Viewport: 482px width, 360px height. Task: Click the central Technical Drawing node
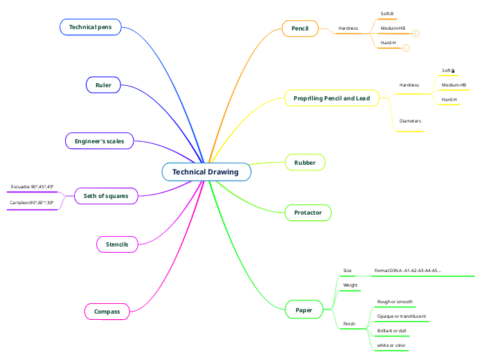click(206, 172)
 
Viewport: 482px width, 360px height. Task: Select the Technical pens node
click(91, 27)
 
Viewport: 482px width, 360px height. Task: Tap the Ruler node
click(103, 85)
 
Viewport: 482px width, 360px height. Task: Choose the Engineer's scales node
click(99, 141)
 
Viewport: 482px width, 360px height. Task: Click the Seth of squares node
click(106, 196)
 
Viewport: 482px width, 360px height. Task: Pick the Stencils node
click(116, 244)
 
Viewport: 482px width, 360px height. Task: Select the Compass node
click(107, 312)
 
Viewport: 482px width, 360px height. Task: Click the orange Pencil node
click(300, 28)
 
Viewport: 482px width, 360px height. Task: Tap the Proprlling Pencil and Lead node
click(332, 98)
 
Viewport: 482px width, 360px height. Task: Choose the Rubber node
click(305, 163)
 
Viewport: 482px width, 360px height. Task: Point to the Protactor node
click(307, 212)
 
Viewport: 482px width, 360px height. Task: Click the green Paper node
click(303, 310)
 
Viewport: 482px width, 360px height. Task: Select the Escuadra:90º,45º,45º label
click(33, 187)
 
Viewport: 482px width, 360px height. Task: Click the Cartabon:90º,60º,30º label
click(32, 203)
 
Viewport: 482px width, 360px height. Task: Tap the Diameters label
click(410, 121)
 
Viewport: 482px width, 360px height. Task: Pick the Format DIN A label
click(408, 271)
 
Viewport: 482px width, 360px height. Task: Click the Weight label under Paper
click(350, 285)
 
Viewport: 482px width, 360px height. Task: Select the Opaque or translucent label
click(401, 316)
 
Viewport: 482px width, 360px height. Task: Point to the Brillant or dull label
click(391, 331)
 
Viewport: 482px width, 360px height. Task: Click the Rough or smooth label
click(395, 302)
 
